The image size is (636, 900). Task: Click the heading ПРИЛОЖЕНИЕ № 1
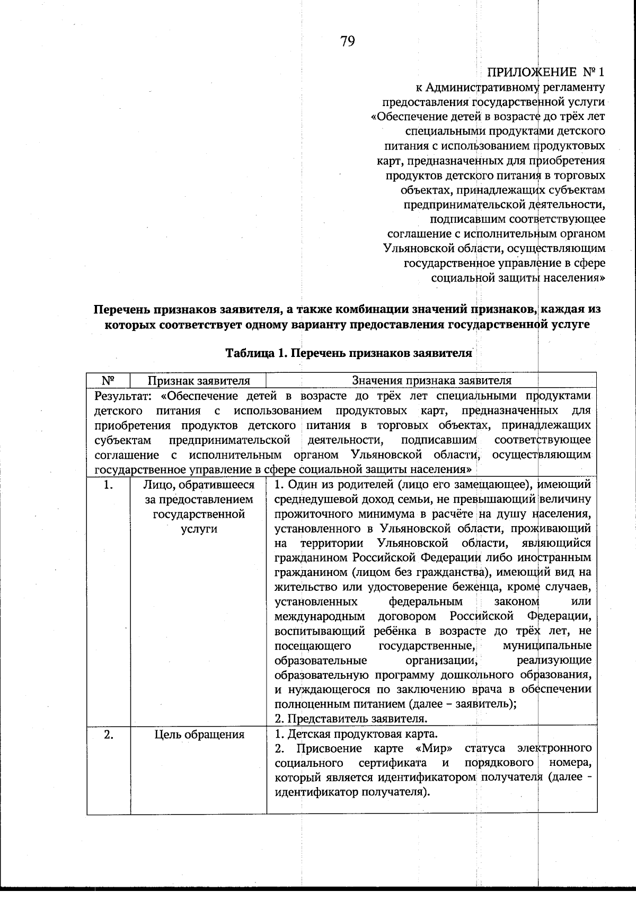(x=545, y=72)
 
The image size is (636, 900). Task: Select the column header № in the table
(x=108, y=380)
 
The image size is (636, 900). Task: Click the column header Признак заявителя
(x=198, y=380)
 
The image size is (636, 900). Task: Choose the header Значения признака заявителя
(x=431, y=380)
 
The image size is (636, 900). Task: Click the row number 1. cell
(x=108, y=485)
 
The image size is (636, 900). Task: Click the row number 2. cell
(x=108, y=735)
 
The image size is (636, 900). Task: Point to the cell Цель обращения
(x=199, y=735)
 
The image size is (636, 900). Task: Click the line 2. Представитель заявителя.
(x=351, y=719)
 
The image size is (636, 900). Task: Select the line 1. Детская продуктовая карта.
(x=356, y=734)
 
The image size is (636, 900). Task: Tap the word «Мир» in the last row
(x=435, y=748)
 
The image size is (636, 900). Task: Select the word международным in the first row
(x=320, y=616)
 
